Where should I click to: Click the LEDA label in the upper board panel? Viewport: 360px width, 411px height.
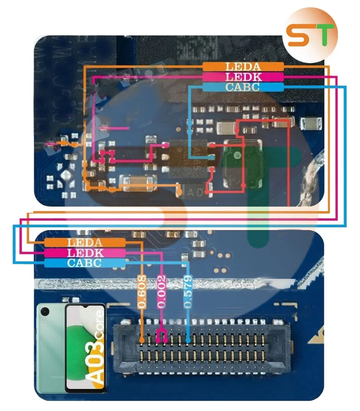[243, 67]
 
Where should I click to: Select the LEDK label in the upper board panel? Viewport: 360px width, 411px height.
[243, 77]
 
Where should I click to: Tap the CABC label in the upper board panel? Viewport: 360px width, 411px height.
[243, 87]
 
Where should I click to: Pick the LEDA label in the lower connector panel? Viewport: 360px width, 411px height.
[85, 242]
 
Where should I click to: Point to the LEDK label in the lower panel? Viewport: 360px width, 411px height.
[85, 253]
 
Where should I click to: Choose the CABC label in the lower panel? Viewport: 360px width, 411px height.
[85, 263]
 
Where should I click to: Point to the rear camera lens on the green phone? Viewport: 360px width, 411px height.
[45, 311]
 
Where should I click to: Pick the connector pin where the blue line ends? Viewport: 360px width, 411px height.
[188, 338]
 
